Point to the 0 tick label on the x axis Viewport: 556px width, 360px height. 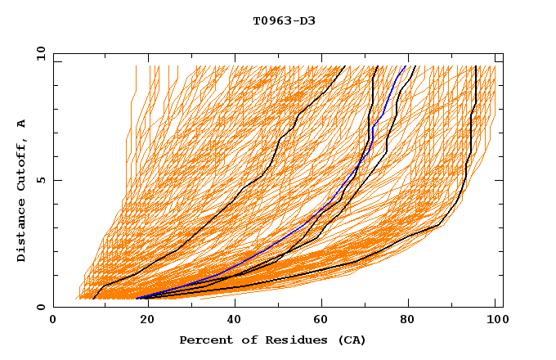[x=53, y=321]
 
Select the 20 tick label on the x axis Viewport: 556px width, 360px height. [x=141, y=321]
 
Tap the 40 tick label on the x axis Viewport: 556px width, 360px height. [x=231, y=321]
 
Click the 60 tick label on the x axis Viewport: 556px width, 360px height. [x=319, y=321]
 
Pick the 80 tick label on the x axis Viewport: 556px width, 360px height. [x=407, y=321]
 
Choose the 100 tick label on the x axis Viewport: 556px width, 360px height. [x=495, y=321]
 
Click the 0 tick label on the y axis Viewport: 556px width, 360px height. [x=39, y=308]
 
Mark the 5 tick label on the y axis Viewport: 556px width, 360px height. [x=39, y=180]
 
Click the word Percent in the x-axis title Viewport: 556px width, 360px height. [x=202, y=340]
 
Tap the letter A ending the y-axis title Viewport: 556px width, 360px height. [x=21, y=124]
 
